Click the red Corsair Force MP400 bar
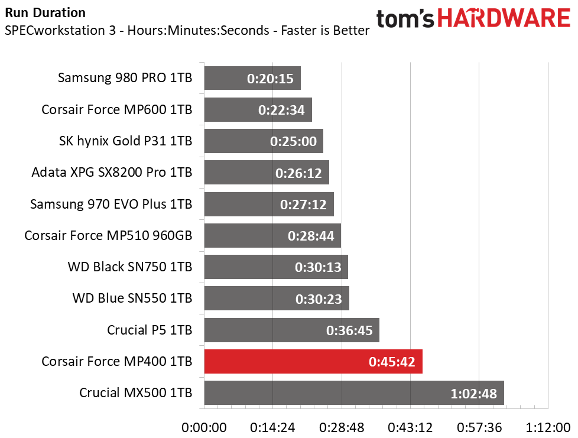click(x=313, y=361)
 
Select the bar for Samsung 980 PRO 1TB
click(x=252, y=78)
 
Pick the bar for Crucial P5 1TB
click(x=291, y=330)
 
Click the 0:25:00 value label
click(x=293, y=142)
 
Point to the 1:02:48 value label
click(x=475, y=394)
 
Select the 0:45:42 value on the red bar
click(x=393, y=362)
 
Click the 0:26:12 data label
click(x=299, y=173)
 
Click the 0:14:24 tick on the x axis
click(x=273, y=427)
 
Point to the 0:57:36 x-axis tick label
click(x=480, y=427)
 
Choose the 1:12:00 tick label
click(x=548, y=427)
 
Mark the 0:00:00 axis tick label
click(x=204, y=427)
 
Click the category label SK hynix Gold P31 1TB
click(x=126, y=141)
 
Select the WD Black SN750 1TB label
click(x=130, y=267)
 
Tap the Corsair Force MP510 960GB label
click(x=108, y=235)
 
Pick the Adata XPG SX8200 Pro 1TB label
click(x=112, y=173)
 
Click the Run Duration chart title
click(x=45, y=12)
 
